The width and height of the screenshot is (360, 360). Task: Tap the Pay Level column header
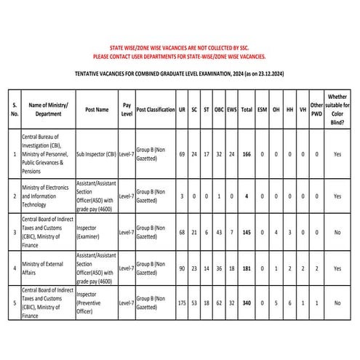[x=127, y=109]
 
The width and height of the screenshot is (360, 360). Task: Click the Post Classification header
[x=156, y=109]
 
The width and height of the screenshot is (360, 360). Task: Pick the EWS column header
[x=232, y=109]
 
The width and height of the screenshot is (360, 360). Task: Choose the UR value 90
[x=182, y=268]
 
